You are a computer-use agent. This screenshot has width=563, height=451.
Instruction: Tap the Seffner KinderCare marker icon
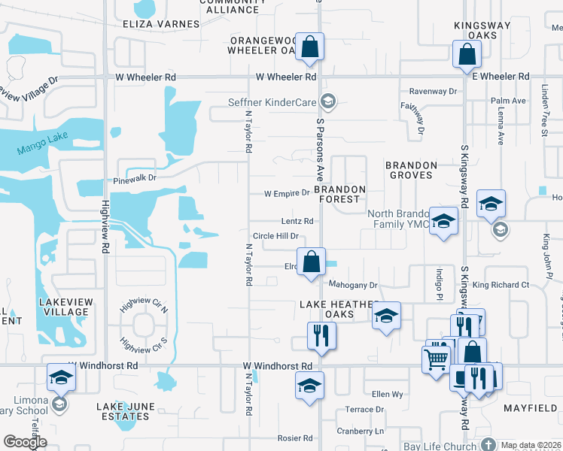327,101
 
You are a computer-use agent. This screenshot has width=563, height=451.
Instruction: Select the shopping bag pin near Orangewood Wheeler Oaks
309,47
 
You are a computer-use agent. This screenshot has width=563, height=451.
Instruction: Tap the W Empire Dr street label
287,193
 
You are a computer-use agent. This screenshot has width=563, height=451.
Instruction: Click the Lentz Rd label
297,222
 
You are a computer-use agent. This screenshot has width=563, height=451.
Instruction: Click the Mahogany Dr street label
352,285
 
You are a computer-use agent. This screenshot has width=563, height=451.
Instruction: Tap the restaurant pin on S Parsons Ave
321,335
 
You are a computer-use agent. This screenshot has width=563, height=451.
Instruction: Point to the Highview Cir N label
144,309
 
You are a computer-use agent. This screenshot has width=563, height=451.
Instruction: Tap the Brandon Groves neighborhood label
411,170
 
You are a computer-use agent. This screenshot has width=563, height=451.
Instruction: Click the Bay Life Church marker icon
489,446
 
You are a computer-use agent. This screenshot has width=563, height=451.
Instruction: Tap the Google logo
26,442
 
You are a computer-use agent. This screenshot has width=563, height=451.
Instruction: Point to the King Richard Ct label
501,285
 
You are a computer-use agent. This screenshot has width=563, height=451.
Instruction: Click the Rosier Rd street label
294,438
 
